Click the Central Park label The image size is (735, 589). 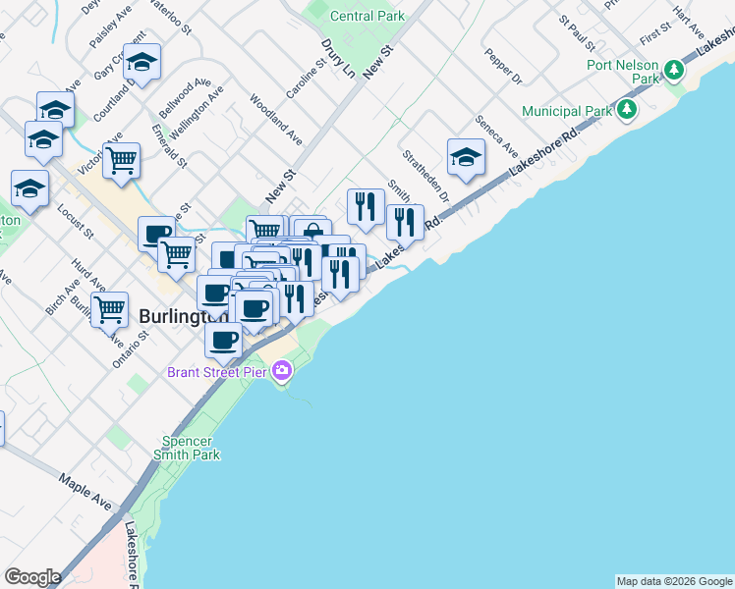(x=367, y=16)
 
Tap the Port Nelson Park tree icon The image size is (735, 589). (x=674, y=70)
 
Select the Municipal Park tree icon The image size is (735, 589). (x=625, y=110)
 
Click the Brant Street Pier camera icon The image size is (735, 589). (x=283, y=371)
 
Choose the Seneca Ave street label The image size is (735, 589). (x=496, y=136)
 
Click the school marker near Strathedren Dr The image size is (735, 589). (x=466, y=157)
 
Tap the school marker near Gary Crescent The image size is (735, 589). (x=142, y=65)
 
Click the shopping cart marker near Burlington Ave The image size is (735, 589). (x=110, y=308)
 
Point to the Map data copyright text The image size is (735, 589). (x=674, y=581)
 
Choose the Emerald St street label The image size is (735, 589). (x=169, y=142)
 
